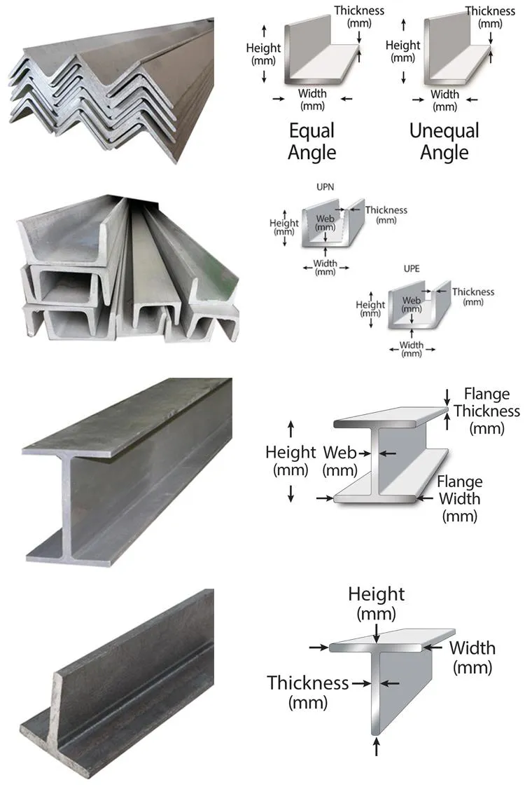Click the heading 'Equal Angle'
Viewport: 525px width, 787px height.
(312, 142)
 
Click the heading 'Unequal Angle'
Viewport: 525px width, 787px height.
(444, 142)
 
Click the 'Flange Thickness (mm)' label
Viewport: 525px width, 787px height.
(486, 411)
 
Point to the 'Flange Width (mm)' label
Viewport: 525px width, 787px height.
(459, 499)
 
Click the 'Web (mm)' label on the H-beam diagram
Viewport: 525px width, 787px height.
(340, 460)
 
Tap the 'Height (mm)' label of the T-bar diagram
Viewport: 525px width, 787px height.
(377, 603)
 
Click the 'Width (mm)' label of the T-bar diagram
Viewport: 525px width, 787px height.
(472, 657)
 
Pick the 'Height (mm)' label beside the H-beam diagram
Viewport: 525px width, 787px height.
(291, 460)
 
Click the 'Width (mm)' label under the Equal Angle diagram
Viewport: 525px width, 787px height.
(312, 100)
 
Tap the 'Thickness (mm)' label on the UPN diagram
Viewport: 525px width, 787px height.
(386, 214)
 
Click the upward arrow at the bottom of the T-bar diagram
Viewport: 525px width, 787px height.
(377, 746)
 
